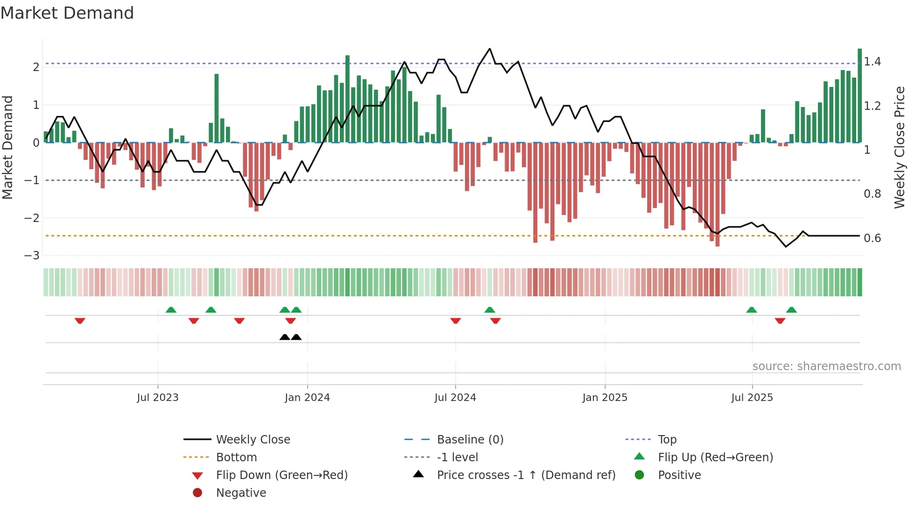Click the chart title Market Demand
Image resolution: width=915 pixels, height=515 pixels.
(67, 13)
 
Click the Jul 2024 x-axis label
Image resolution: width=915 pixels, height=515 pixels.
(455, 398)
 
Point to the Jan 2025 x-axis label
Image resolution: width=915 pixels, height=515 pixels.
(605, 398)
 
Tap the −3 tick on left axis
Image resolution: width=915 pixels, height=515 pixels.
(32, 256)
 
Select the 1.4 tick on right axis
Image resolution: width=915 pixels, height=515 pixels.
(872, 62)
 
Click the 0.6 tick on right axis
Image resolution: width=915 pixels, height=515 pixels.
(872, 238)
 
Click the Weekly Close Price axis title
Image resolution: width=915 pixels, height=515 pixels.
(899, 147)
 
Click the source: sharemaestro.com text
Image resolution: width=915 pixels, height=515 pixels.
(826, 366)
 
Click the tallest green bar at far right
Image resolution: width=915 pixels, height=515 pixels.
(859, 93)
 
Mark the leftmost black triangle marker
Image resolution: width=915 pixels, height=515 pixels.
(284, 337)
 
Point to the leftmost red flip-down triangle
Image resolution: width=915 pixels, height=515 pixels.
(80, 321)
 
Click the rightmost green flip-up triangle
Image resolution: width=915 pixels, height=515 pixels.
(791, 310)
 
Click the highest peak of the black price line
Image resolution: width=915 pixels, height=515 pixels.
(489, 49)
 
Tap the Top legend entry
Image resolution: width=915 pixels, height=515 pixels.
(667, 440)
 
